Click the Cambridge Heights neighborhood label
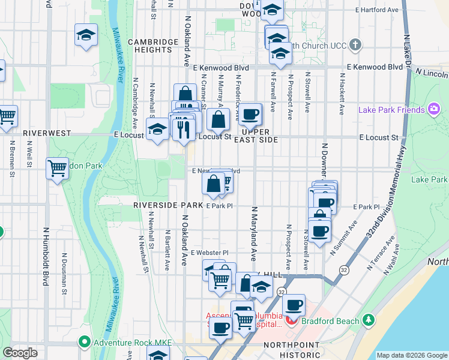pos(153,46)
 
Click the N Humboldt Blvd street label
pos(46,257)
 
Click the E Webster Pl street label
pos(210,253)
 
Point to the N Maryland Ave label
pos(255,234)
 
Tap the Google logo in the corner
pos(20,353)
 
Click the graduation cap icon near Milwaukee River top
pos(86,35)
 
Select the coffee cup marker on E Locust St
pos(250,113)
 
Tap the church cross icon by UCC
pos(355,45)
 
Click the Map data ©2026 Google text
pos(412,355)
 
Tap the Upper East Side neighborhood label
pos(260,135)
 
